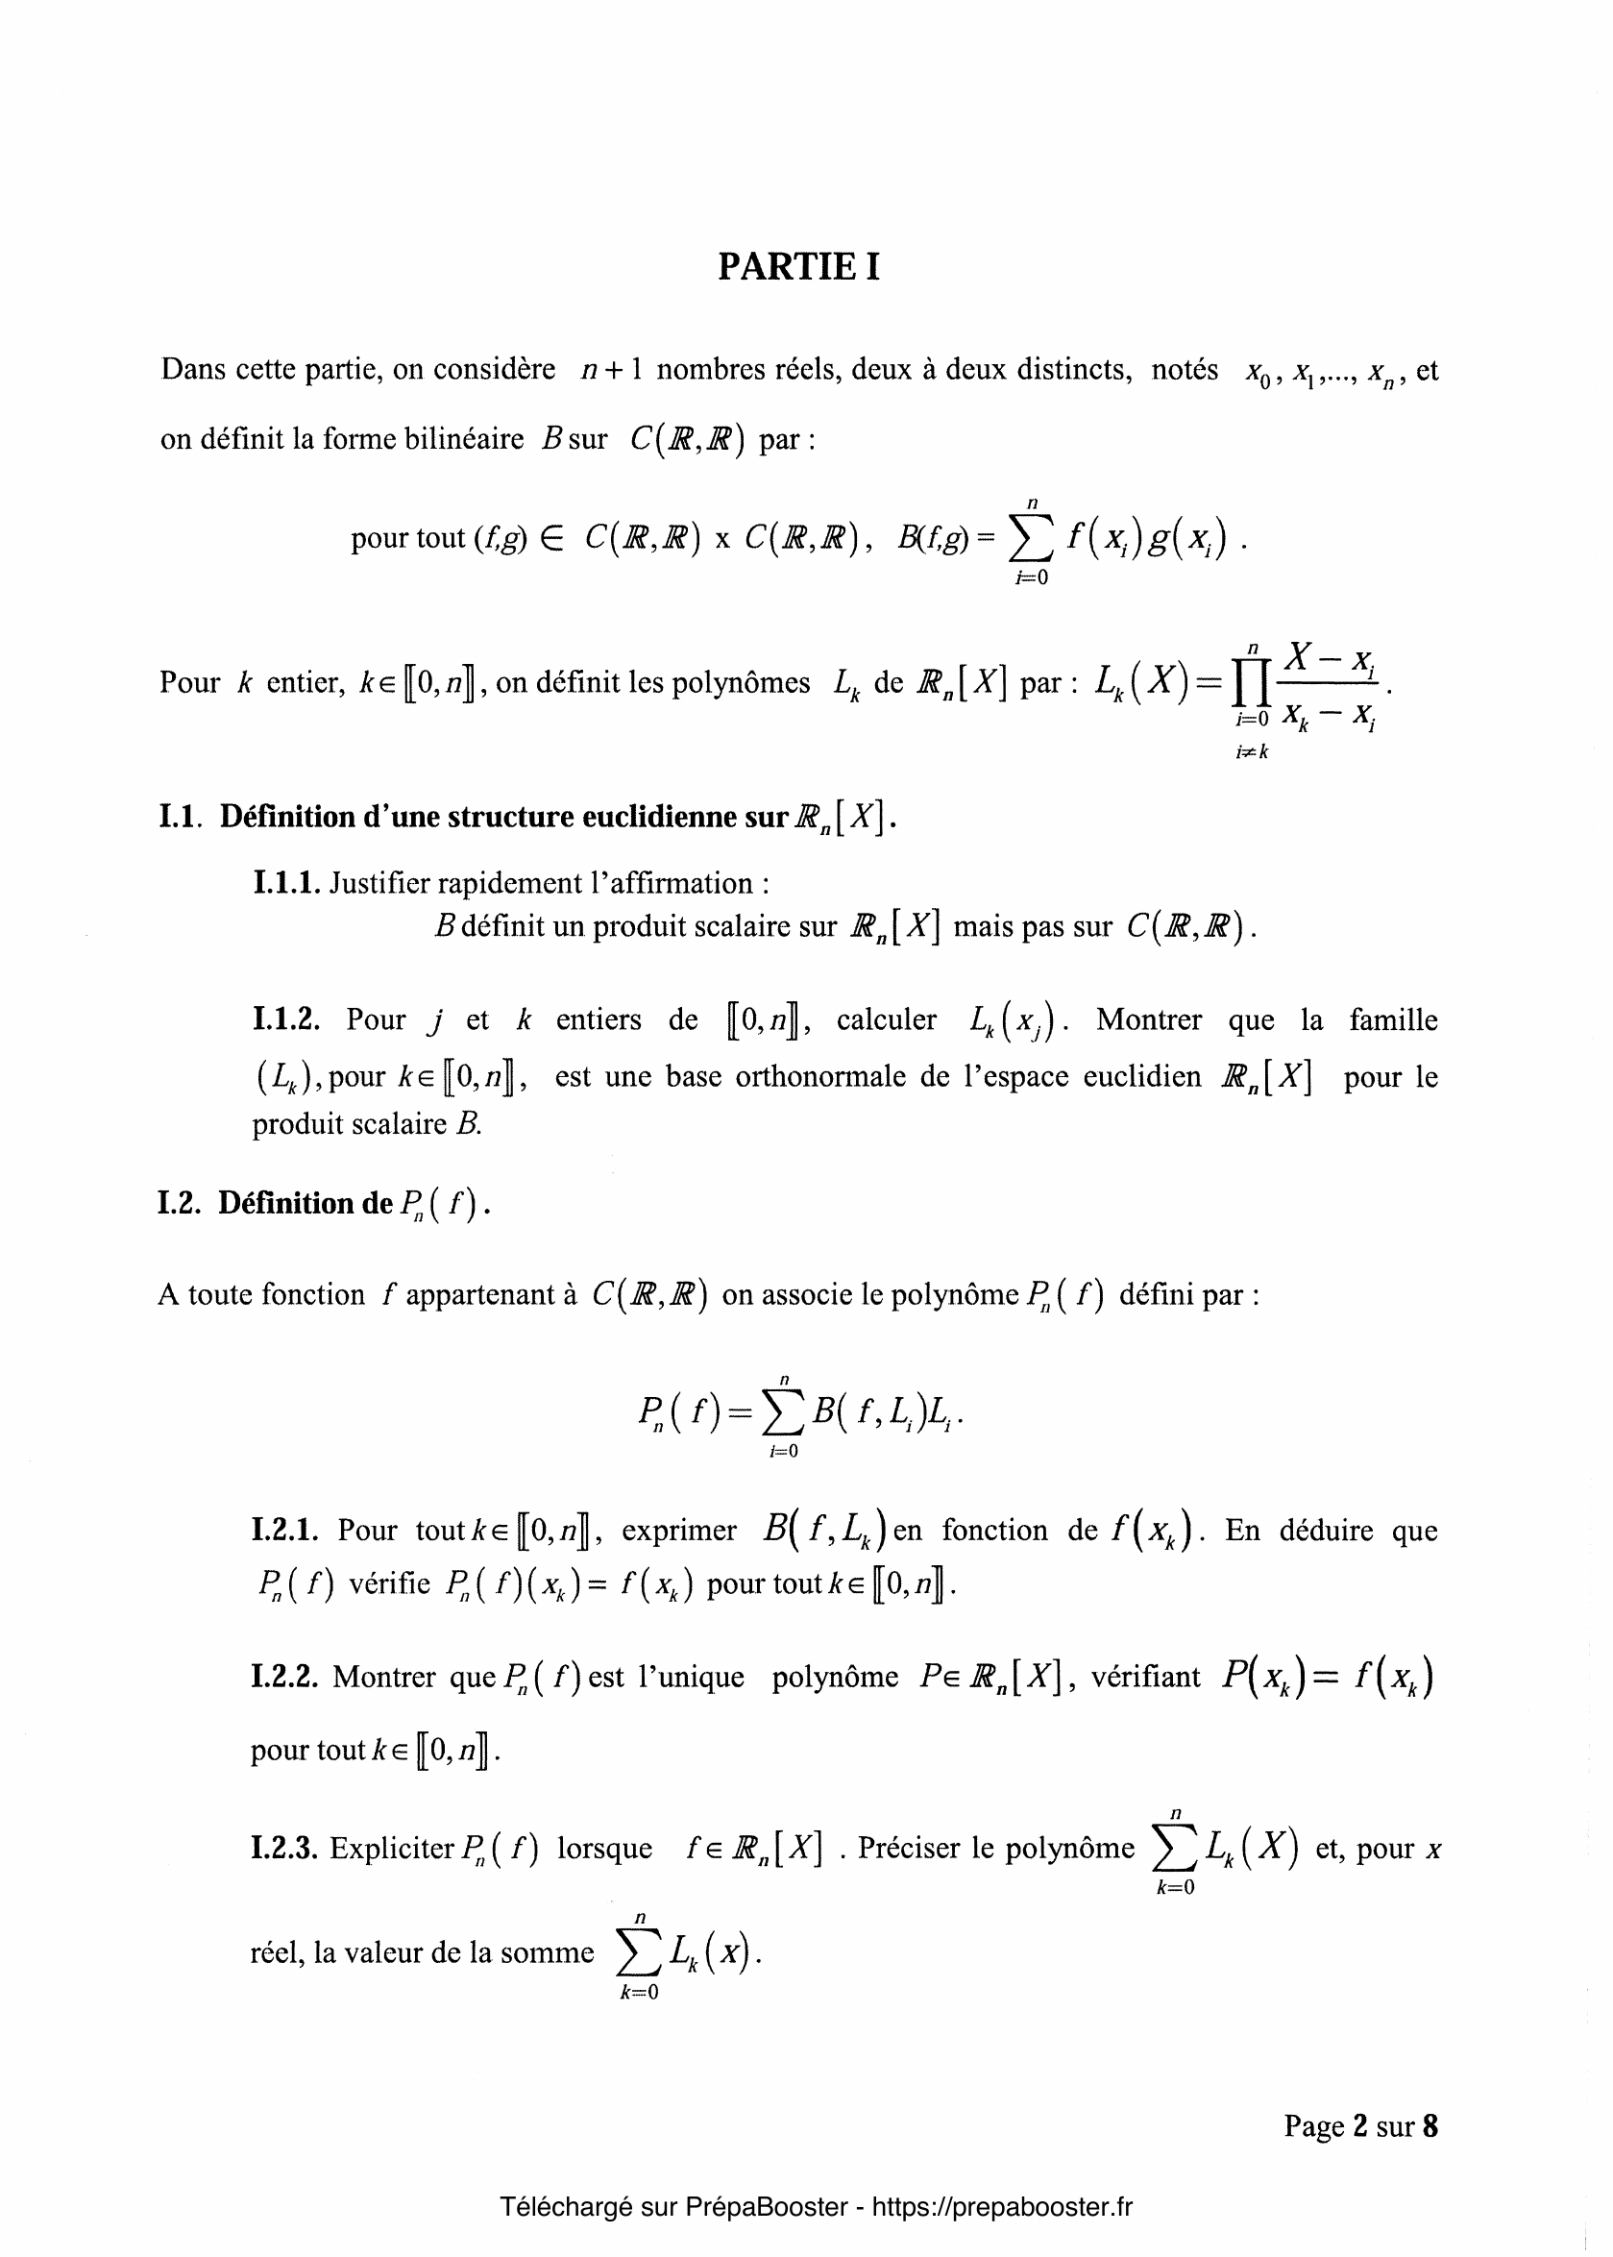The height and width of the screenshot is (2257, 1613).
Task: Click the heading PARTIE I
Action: coord(798,267)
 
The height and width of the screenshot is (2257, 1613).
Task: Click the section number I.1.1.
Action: coord(286,883)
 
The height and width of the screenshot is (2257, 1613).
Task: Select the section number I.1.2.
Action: coord(286,1019)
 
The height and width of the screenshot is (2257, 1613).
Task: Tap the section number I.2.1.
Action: coord(285,1530)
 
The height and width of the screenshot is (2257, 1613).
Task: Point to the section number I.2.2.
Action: coord(284,1677)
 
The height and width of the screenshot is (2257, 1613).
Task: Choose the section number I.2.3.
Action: coord(284,1848)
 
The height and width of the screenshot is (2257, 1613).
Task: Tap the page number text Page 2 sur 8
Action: coord(1359,2126)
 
